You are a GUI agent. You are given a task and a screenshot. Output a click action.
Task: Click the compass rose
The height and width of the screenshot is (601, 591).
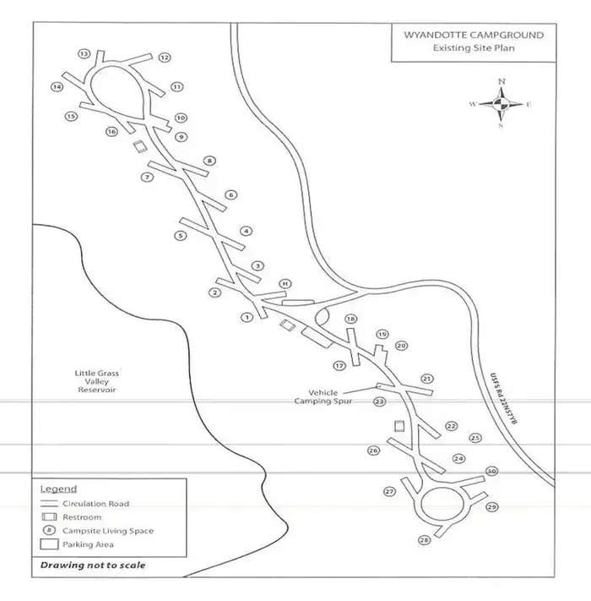click(x=501, y=104)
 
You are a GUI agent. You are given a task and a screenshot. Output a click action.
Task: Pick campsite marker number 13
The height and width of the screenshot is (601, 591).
click(x=84, y=54)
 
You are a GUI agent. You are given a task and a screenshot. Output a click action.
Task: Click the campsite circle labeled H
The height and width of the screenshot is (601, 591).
click(x=285, y=283)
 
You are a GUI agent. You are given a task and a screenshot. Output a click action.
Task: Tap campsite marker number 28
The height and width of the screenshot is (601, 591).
click(x=424, y=540)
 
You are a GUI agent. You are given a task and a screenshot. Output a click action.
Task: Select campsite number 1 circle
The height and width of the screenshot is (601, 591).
click(x=247, y=318)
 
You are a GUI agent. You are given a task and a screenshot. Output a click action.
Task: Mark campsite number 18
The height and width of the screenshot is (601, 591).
click(x=350, y=319)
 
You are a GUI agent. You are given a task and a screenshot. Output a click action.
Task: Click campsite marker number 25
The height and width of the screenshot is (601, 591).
click(x=475, y=438)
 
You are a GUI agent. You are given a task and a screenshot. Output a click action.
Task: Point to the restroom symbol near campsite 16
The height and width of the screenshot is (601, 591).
click(x=138, y=146)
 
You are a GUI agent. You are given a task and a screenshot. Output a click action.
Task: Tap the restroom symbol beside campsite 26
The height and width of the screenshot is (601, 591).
click(x=400, y=426)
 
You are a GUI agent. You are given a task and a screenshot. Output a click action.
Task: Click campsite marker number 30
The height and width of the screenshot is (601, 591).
click(x=491, y=472)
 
